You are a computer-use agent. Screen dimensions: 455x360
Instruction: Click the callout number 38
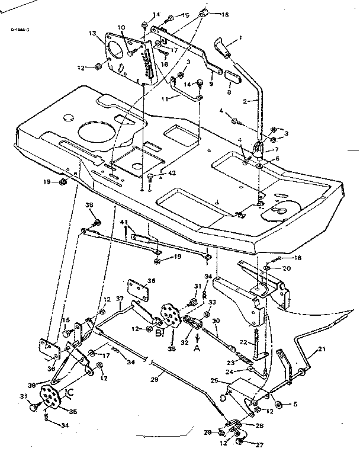pyautogui.click(x=90, y=206)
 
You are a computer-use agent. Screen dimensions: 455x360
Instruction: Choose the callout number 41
pyautogui.click(x=124, y=222)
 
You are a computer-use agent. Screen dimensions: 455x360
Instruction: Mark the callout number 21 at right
pyautogui.click(x=322, y=350)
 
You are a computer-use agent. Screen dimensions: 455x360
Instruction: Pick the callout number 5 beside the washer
pyautogui.click(x=295, y=405)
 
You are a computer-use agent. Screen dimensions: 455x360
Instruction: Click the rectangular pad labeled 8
pyautogui.click(x=230, y=78)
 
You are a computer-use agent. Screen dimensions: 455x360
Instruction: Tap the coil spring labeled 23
pyautogui.click(x=242, y=357)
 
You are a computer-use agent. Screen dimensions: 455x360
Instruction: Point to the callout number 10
pyautogui.click(x=121, y=27)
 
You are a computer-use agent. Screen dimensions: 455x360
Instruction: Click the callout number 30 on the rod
pyautogui.click(x=216, y=321)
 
